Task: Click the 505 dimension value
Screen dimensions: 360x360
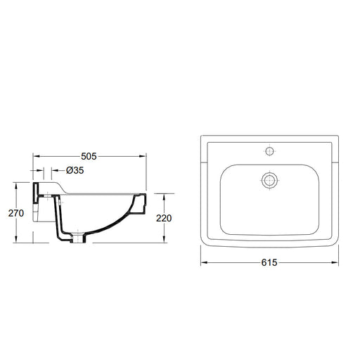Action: [89, 156]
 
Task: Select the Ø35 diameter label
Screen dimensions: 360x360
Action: [75, 170]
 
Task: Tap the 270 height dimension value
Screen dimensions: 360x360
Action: [16, 213]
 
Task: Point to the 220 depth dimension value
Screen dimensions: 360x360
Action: [164, 218]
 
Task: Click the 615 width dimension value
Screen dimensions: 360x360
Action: [269, 262]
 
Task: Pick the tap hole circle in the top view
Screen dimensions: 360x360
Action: [270, 151]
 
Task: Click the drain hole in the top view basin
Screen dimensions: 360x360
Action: [270, 180]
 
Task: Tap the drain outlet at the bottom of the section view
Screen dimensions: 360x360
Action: [79, 238]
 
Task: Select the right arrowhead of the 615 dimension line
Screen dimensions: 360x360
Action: [335, 262]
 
